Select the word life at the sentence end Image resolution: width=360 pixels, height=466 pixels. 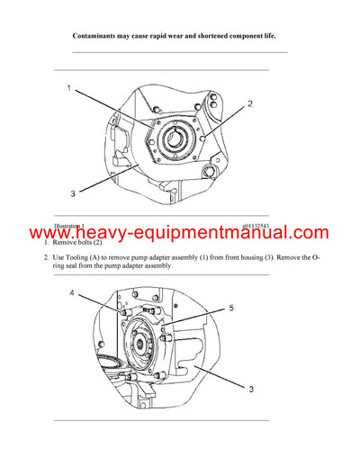[x=267, y=36]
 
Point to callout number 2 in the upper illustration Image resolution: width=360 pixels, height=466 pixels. [x=249, y=103]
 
